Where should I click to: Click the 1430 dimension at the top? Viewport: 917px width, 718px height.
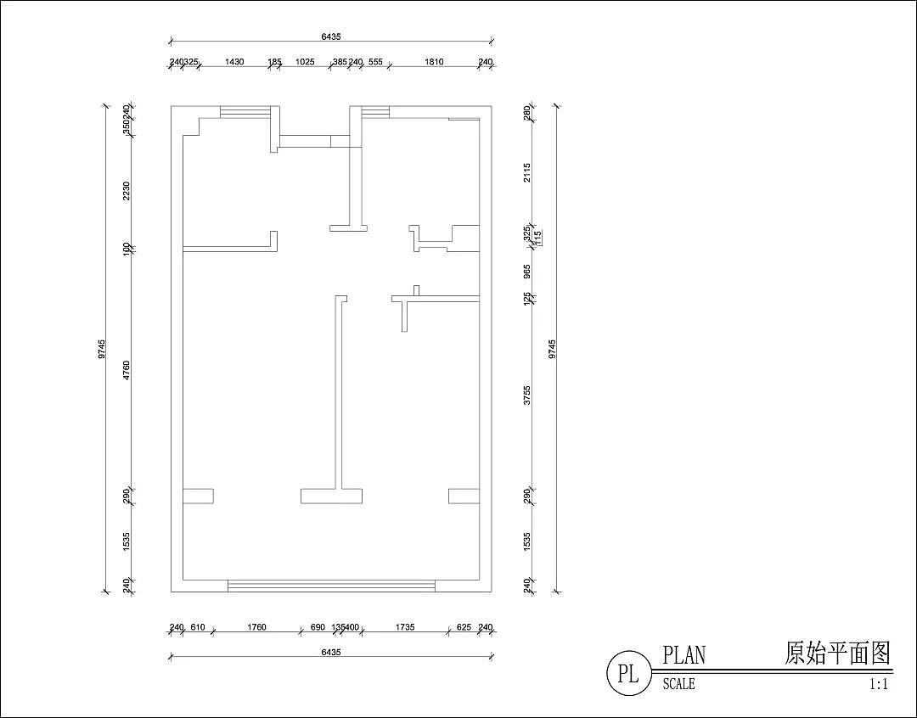pos(234,62)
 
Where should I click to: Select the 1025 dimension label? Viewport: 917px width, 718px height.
pos(305,62)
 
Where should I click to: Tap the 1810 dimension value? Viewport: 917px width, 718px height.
pos(434,62)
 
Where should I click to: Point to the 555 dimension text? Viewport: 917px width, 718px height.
pos(375,62)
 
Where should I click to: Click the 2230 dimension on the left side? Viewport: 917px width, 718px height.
pos(127,191)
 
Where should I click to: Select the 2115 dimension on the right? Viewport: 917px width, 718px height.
pos(526,172)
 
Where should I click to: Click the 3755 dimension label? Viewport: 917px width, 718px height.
pos(526,395)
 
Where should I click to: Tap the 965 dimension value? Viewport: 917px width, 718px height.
pos(526,272)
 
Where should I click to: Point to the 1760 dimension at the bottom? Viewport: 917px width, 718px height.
pos(256,627)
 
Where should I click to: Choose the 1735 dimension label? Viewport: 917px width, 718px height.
pos(405,627)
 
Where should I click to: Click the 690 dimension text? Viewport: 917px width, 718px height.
pos(318,627)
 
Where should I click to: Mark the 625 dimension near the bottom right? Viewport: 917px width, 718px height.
pos(464,627)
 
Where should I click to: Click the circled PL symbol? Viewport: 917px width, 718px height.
pos(627,674)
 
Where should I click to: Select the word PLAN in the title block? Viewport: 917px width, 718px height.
pos(684,655)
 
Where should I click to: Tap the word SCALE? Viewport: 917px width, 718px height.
pos(678,683)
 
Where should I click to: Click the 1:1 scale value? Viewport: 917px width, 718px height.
pos(878,683)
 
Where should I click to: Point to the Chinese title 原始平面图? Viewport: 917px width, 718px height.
pos(836,653)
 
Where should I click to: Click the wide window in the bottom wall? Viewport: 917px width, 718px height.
pos(331,586)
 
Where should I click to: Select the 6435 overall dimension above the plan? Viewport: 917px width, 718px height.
pos(331,37)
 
